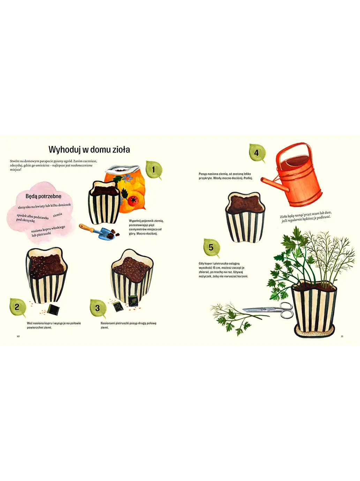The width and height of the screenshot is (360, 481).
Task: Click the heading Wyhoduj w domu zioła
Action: tap(89, 150)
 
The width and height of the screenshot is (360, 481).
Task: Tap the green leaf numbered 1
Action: tap(153, 170)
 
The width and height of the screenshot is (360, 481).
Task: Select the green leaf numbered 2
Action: tap(17, 307)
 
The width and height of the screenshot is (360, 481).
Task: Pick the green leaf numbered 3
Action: tap(97, 308)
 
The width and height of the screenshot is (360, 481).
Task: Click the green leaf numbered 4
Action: tap(257, 153)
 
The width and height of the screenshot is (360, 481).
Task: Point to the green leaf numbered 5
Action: tap(211, 247)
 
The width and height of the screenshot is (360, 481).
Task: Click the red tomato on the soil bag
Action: tap(133, 201)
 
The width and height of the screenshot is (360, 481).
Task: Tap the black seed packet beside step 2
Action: tap(53, 309)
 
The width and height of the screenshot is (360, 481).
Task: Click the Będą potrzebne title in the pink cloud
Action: tap(43, 196)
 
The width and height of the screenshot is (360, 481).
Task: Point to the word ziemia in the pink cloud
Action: tap(58, 215)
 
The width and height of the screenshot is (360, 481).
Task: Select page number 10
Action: tap(18, 336)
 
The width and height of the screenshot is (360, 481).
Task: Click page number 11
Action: tap(342, 336)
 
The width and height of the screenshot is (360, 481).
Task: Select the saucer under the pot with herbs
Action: tap(314, 332)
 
